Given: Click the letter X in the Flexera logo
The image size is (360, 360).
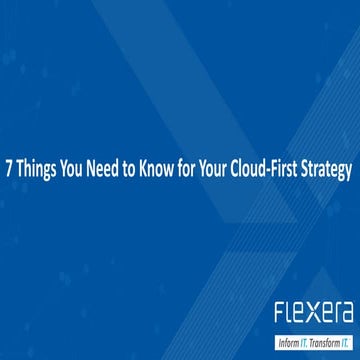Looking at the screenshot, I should pyautogui.click(x=311, y=314).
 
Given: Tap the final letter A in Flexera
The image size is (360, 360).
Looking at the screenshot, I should pyautogui.click(x=346, y=314).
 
